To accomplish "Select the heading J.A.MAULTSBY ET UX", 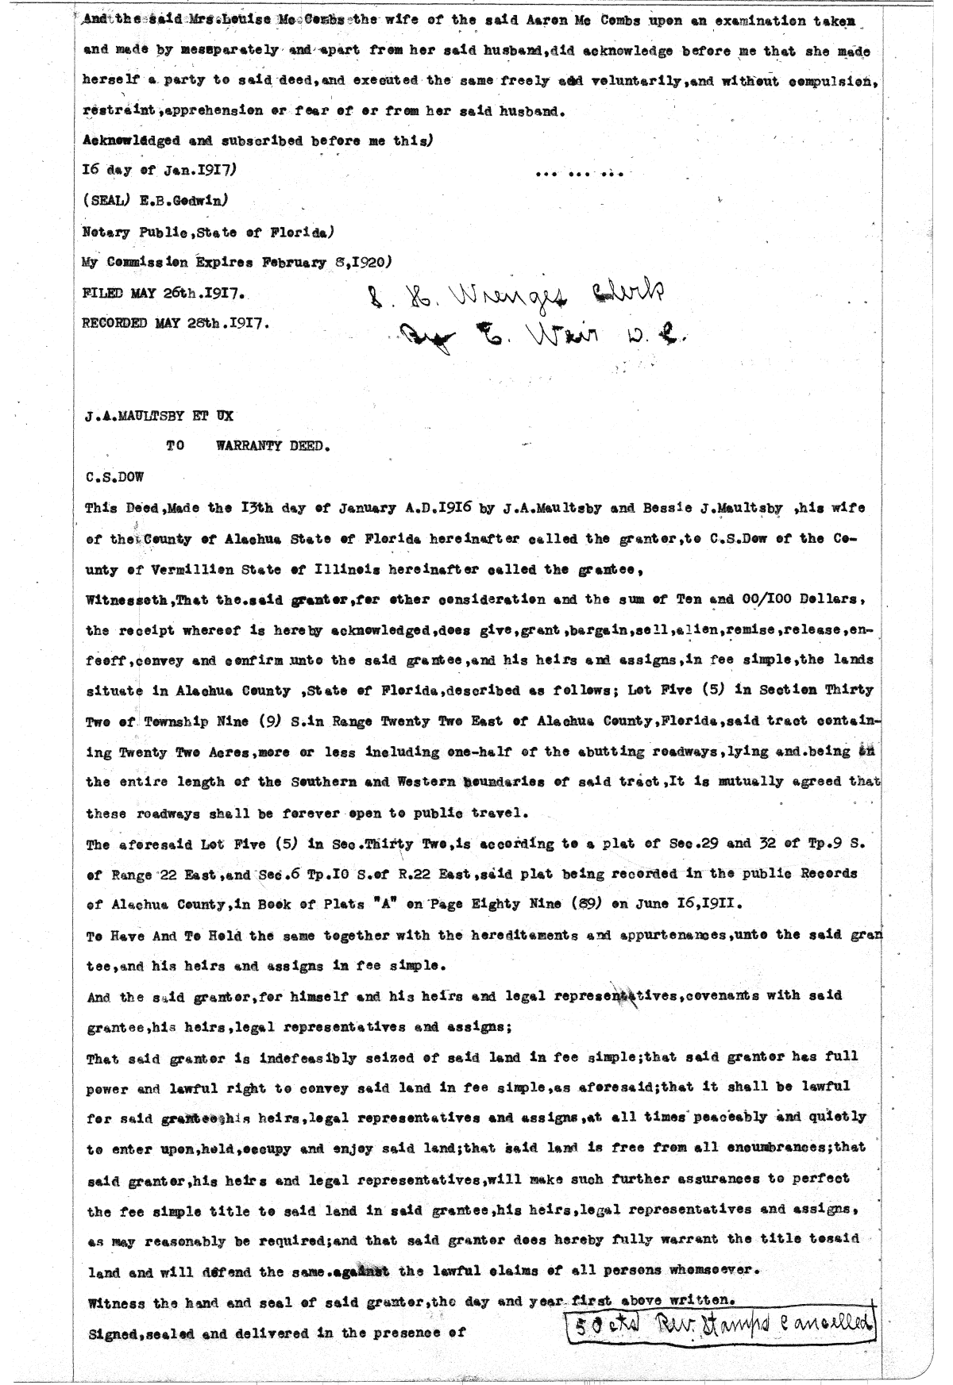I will point(159,415).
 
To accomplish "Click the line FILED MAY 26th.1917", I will point(163,294).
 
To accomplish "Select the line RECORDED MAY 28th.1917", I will point(175,324).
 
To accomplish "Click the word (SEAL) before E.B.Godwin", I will point(101,201).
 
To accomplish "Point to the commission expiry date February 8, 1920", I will point(331,263).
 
